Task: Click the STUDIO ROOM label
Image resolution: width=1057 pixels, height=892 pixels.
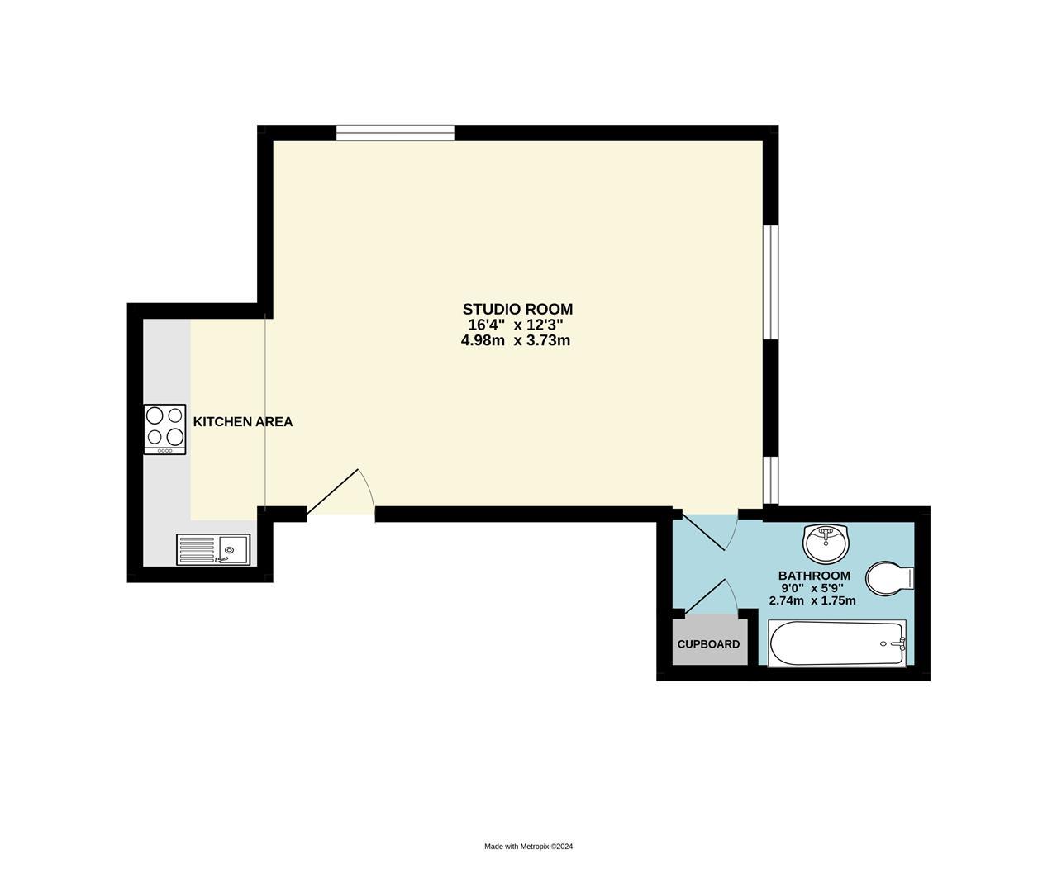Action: (517, 309)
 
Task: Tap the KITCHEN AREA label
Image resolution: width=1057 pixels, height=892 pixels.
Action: (242, 422)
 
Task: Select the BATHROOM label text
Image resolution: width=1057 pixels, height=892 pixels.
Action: (814, 576)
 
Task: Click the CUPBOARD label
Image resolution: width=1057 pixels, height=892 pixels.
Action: (708, 644)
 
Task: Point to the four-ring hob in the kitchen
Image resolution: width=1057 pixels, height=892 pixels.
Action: (164, 429)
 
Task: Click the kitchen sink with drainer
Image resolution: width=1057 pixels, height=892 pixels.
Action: (213, 549)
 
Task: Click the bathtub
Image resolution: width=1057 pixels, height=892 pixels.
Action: (836, 643)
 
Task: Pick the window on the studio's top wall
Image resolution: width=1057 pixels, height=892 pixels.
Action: (395, 133)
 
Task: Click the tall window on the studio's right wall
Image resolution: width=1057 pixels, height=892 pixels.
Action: (770, 282)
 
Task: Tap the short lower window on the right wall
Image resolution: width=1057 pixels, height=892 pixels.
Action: (770, 480)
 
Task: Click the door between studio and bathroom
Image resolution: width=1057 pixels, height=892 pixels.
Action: (707, 530)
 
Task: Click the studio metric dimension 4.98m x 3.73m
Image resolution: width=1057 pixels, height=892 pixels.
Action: (516, 340)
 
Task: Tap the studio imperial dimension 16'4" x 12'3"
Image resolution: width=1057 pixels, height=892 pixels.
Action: (516, 325)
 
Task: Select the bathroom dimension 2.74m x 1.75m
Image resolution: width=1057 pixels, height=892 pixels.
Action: (812, 600)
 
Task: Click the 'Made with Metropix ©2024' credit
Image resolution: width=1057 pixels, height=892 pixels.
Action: (528, 847)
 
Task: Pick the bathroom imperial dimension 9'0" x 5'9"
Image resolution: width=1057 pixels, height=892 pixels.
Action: (813, 588)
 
